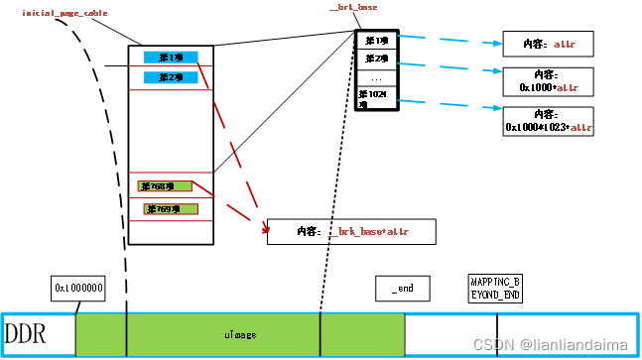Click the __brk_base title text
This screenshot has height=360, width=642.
pos(353,8)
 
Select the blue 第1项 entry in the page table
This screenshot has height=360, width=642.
pos(170,57)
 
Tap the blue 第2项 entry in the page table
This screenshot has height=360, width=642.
pos(170,76)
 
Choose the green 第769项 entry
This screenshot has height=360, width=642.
pos(171,209)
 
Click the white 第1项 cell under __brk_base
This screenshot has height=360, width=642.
pos(376,41)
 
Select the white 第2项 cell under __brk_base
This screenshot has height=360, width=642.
pos(376,60)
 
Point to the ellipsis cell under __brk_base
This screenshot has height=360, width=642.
pos(376,78)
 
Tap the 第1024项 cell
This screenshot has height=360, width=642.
pos(376,98)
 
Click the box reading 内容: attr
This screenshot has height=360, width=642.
pos(549,45)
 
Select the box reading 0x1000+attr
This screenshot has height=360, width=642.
pos(549,80)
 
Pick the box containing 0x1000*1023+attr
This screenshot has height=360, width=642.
pos(549,121)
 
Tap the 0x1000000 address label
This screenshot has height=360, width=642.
pos(79,288)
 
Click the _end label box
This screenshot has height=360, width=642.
pos(402,288)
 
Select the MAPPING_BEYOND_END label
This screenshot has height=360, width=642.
pos(494,288)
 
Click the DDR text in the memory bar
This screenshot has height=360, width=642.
pos(27,332)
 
